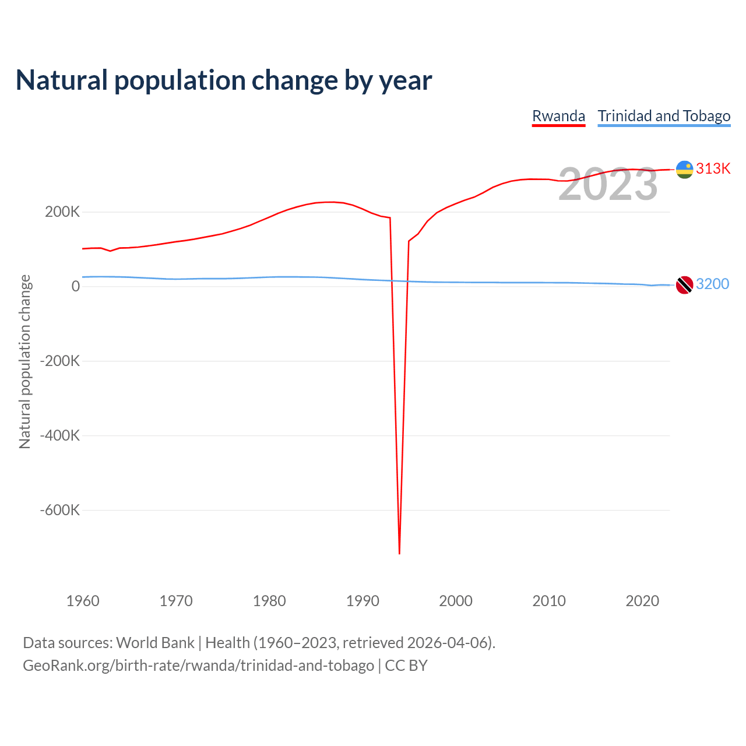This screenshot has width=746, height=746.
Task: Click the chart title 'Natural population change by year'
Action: [224, 80]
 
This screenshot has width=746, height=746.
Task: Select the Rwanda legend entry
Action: [558, 116]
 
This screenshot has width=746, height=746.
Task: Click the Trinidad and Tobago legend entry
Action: [664, 116]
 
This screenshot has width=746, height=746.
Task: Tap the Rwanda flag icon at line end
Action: [684, 170]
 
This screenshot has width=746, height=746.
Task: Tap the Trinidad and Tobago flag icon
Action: [684, 285]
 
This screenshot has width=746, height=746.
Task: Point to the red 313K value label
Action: [713, 168]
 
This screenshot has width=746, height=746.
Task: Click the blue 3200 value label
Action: [712, 284]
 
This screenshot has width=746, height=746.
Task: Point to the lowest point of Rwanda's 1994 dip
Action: [399, 553]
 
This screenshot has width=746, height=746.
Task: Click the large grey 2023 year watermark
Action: [608, 185]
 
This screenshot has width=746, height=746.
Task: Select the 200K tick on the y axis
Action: [62, 212]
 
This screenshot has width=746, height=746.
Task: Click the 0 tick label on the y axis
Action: [76, 286]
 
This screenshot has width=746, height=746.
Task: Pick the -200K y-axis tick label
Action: [60, 361]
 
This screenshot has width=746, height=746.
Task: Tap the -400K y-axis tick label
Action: [60, 435]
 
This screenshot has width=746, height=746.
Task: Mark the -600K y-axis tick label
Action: [60, 510]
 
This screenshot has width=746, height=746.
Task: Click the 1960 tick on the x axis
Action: [83, 601]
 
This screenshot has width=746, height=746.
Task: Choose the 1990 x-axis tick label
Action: [363, 601]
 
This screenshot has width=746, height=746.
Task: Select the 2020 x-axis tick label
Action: [642, 601]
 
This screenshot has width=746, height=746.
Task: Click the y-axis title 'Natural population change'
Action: [25, 361]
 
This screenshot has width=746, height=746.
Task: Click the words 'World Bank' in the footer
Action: [155, 643]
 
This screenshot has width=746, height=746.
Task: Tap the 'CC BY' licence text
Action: [406, 666]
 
